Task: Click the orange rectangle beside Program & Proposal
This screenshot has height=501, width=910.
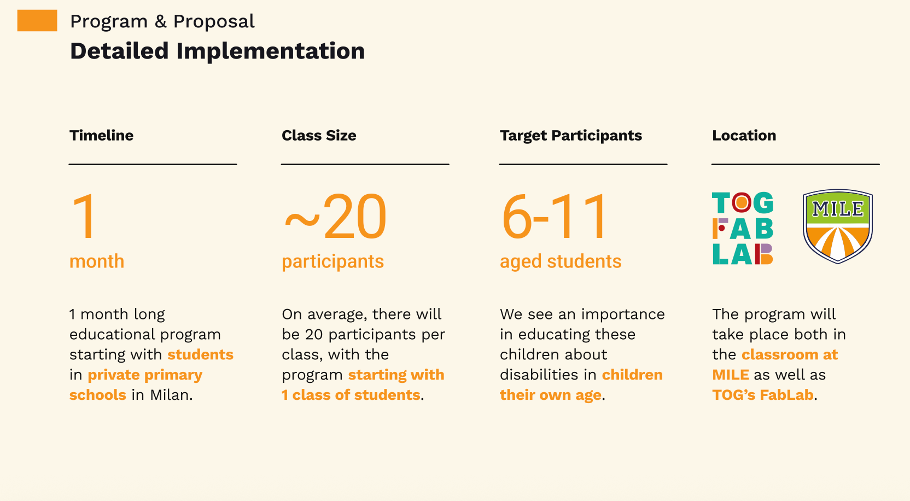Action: click(37, 20)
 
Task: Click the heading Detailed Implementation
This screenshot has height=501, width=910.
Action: click(217, 51)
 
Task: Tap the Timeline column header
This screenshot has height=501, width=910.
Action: click(101, 135)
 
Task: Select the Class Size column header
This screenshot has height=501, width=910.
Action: click(319, 135)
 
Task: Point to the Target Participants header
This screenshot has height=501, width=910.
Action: click(571, 136)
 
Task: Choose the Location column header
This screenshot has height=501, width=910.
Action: click(744, 135)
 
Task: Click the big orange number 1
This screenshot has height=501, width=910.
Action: click(85, 216)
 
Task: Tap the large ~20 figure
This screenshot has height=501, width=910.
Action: click(336, 216)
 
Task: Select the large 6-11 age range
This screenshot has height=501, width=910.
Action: click(554, 216)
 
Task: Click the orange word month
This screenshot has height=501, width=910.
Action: click(97, 261)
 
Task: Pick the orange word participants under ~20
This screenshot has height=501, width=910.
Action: click(332, 261)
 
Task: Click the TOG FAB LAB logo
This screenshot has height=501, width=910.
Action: click(743, 228)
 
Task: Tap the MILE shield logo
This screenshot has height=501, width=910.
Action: click(838, 226)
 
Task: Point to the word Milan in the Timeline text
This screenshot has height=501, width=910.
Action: click(171, 394)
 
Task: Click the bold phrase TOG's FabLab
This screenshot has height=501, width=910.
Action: click(763, 394)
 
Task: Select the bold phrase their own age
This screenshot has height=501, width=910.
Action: click(551, 395)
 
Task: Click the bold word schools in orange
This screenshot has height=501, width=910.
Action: click(97, 394)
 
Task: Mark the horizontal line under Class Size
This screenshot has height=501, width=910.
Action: click(365, 164)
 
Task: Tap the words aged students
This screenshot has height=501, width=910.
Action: click(561, 261)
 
